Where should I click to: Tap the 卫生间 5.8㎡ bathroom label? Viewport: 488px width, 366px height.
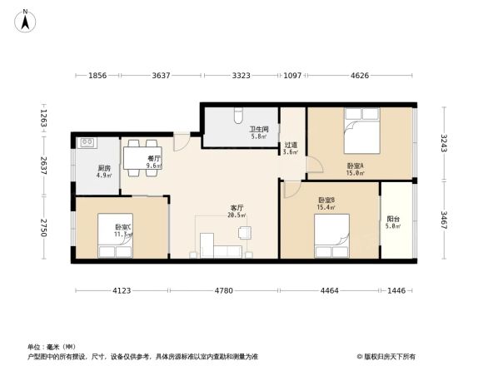(257, 133)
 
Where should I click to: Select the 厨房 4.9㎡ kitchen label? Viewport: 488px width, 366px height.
(104, 171)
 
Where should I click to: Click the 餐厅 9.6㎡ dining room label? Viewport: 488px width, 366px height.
(153, 161)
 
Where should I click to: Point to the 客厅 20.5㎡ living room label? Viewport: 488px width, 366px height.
(237, 211)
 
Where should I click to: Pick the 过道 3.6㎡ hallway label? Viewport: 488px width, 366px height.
(291, 148)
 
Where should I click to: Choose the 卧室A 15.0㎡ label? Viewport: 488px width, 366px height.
(356, 170)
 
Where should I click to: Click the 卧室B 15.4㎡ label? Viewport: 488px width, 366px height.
(326, 204)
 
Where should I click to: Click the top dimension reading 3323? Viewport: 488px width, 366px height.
(241, 76)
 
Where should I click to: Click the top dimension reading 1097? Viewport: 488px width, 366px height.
(291, 76)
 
